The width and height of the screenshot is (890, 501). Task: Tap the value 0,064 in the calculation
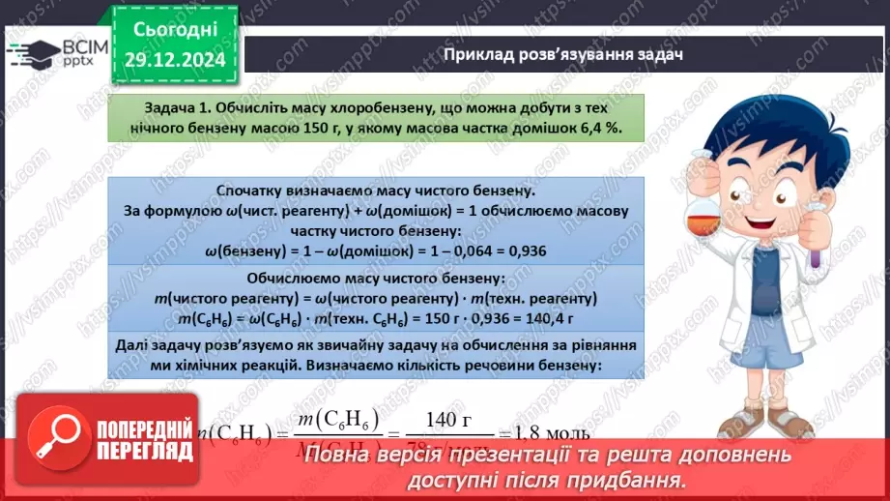(460, 250)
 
